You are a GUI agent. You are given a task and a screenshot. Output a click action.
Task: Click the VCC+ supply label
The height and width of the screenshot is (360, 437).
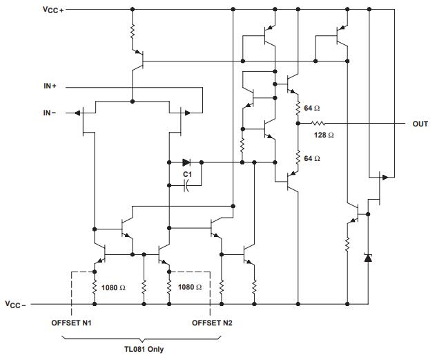(52, 10)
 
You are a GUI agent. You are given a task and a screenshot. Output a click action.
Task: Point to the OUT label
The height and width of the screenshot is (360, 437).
(420, 124)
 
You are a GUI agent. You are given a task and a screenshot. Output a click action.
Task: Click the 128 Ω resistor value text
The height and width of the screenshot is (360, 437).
(324, 135)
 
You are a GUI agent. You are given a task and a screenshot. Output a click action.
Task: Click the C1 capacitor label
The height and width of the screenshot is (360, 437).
(187, 175)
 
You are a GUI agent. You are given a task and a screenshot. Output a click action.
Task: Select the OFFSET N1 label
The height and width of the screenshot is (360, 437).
(71, 322)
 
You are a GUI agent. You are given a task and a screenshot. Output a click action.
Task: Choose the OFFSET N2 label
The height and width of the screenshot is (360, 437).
(212, 322)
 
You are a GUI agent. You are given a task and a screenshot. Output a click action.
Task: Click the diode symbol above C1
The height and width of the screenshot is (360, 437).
(186, 162)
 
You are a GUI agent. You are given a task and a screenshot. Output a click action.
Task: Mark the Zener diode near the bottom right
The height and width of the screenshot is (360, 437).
(367, 258)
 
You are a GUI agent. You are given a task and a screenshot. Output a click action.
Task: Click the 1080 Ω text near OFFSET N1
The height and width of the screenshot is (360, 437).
(113, 287)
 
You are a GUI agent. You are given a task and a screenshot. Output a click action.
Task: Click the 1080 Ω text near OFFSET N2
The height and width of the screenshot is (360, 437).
(190, 287)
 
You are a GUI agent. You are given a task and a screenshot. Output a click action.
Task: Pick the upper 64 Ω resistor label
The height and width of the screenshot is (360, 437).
(311, 108)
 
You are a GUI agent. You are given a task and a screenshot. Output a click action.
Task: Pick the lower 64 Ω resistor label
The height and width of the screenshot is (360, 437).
(311, 158)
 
